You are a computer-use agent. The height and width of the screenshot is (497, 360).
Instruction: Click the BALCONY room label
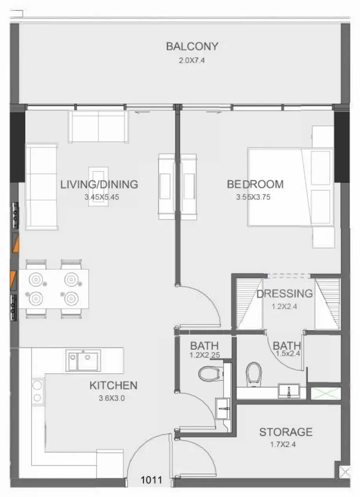coord(192,46)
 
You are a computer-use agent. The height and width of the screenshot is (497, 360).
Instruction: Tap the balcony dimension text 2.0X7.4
coord(192,60)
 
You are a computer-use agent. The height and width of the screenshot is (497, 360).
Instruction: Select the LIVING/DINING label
coord(99,184)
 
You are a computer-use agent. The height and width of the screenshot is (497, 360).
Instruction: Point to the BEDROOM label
coord(255,184)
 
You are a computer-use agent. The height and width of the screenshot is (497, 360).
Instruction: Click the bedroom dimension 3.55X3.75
coord(253,197)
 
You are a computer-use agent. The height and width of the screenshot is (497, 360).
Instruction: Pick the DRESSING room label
coord(285,294)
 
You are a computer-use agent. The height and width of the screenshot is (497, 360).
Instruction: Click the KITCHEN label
coord(113,385)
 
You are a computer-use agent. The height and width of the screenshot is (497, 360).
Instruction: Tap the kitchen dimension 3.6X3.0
coord(112,398)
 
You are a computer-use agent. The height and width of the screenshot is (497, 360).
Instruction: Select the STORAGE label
coord(286,432)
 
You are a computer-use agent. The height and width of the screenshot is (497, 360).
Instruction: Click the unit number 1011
coord(151,480)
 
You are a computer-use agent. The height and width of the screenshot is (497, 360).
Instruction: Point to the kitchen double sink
coord(83,361)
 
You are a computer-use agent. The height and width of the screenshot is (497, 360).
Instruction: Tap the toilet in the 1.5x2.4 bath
coord(254,375)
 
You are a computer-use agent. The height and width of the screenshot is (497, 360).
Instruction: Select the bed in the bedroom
coord(291,187)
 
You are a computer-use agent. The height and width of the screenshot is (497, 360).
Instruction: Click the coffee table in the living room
coord(98,187)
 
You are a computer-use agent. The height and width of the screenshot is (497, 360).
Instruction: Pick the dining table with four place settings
coord(54,289)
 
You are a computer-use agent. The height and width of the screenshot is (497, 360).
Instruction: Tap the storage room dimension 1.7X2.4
coord(283,444)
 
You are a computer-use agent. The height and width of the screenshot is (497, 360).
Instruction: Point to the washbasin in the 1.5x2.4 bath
coord(289,391)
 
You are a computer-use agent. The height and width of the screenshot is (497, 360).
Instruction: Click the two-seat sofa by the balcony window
coord(98,127)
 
